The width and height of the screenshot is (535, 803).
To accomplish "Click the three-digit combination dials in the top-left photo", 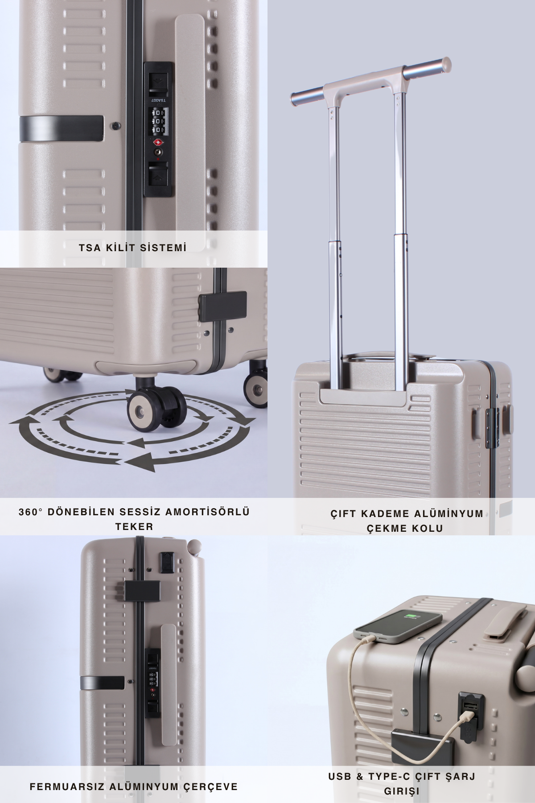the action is tap(158, 120).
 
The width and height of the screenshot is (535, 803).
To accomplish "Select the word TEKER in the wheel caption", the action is tap(134, 526).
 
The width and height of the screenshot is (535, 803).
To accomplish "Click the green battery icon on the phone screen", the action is tap(411, 617).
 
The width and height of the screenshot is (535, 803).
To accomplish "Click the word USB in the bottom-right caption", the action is tap(340, 777).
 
